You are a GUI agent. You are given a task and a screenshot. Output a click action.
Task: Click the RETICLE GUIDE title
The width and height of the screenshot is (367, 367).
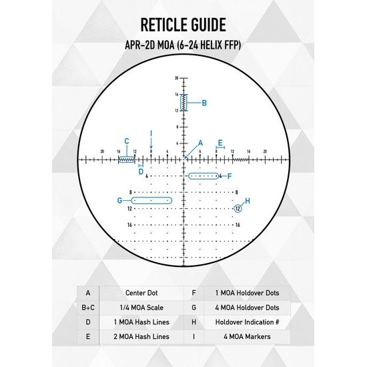pos(183,25)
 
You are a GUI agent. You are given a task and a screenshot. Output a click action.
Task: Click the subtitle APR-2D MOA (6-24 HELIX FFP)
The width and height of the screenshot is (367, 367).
pos(183,46)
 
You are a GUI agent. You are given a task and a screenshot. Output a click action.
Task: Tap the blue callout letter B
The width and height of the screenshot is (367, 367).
pos(204,103)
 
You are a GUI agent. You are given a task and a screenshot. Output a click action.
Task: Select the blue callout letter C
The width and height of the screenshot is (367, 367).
pos(126,141)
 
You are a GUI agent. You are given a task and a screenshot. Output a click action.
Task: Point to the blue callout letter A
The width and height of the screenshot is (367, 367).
pos(200,143)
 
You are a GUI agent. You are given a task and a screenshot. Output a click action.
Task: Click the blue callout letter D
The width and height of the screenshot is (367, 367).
pos(141,171)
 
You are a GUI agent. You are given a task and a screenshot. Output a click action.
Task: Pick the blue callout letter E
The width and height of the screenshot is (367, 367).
pos(220,142)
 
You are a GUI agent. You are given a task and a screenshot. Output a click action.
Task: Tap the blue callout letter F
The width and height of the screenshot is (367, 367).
pos(229,176)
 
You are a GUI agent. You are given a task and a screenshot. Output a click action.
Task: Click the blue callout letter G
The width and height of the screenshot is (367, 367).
pos(119,200)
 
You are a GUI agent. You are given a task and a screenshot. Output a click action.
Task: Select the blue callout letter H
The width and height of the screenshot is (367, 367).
pos(247,200)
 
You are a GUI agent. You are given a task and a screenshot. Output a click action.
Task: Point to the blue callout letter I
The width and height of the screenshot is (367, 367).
pos(151,133)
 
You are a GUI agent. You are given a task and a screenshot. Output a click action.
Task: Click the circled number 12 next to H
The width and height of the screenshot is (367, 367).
pos(237,209)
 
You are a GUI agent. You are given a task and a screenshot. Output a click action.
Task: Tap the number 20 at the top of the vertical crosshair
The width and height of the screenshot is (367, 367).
pos(177,79)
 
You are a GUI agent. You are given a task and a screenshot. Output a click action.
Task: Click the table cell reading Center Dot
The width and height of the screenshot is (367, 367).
pos(141,292)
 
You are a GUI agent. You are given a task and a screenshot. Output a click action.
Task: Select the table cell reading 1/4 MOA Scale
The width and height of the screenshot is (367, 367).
pos(141,307)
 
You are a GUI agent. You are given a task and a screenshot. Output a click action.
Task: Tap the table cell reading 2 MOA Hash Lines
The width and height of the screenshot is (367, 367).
pos(141,336)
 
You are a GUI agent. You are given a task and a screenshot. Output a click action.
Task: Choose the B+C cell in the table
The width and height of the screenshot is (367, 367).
pos(87,307)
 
